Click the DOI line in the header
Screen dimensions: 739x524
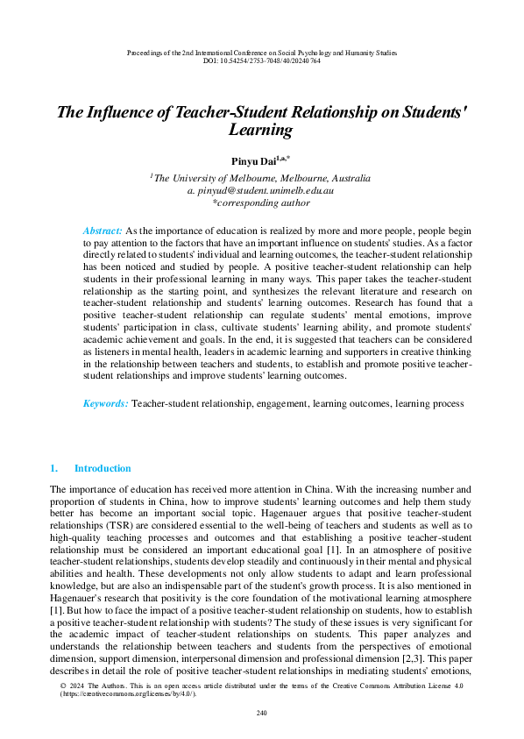[261, 60]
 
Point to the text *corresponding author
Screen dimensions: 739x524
[261, 203]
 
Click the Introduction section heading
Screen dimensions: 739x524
[103, 468]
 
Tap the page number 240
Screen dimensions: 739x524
[261, 712]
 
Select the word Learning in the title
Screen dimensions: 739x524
[260, 131]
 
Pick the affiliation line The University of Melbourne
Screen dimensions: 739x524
[263, 178]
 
